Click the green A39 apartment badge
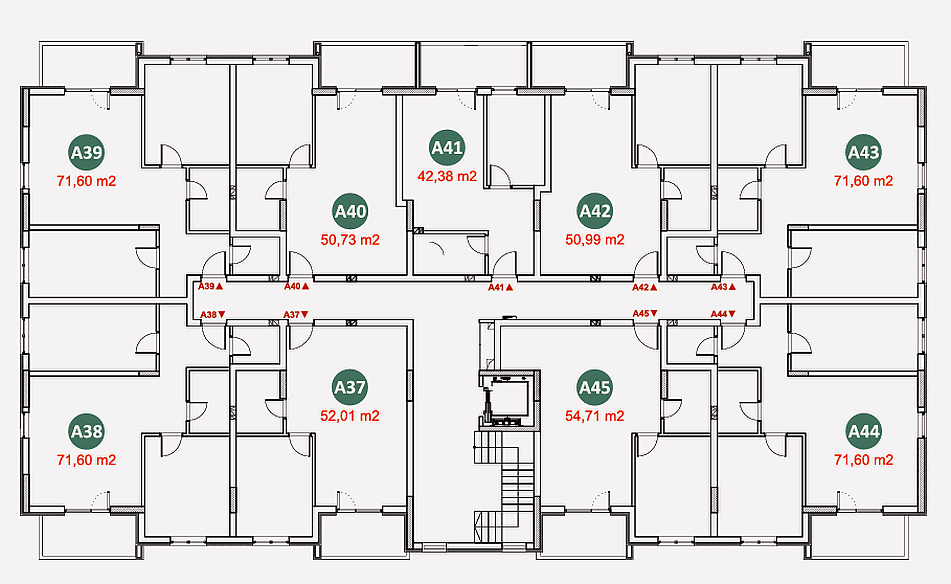point(86,152)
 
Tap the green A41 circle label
point(447,148)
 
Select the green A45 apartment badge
point(595,387)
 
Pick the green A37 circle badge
point(350,387)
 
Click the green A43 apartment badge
point(864,152)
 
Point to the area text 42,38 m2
point(447,176)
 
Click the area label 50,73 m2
point(350,240)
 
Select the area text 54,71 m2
point(595,416)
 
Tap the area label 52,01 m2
point(350,416)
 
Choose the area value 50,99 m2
point(595,240)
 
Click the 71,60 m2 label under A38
point(86,460)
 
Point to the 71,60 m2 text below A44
point(864,460)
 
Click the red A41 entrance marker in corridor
point(501,287)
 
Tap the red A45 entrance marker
point(645,313)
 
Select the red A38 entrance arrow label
point(213,315)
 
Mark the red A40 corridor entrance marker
point(297,286)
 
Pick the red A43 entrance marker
point(723,287)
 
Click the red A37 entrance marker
point(296,315)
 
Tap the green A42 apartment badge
point(595,211)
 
